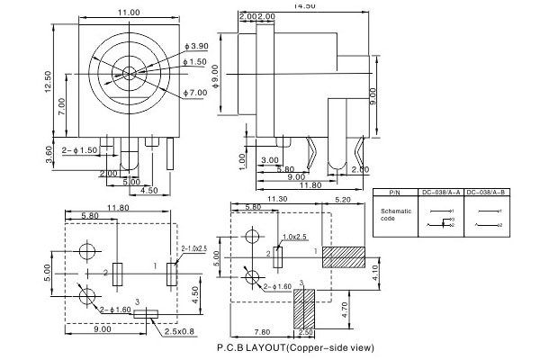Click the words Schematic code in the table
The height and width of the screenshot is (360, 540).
coord(394,215)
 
